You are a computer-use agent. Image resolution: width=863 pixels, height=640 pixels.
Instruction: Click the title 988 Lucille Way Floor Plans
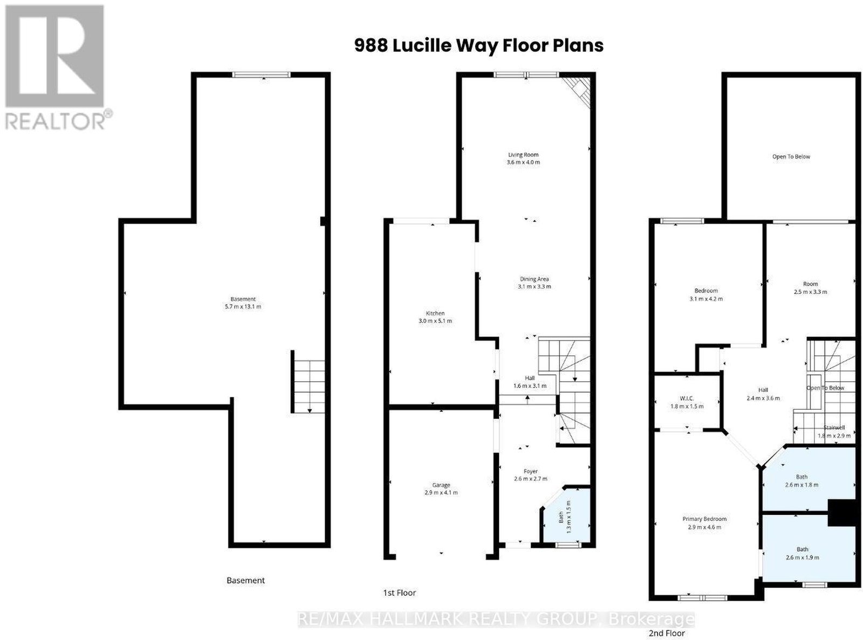coord(478,45)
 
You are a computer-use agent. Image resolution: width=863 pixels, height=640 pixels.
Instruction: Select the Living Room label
coord(523,154)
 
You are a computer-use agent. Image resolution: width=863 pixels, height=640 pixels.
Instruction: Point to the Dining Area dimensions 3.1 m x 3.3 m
coord(534,286)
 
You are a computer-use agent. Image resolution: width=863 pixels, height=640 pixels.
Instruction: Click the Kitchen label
coord(435,313)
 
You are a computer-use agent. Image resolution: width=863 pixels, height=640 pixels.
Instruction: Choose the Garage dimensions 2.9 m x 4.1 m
coord(441,493)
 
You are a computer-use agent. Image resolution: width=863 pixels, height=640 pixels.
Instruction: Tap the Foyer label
coord(530,471)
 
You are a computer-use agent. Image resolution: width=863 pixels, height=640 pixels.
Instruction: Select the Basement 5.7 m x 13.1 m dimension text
coord(243,307)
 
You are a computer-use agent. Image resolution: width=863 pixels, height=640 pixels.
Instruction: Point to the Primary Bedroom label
coord(704,519)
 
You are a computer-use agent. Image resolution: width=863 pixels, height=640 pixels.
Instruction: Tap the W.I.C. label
coord(687,398)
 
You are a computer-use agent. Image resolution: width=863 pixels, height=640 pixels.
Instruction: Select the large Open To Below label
coord(791,157)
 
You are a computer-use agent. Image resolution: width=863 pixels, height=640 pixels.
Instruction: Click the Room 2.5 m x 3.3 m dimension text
coord(811,292)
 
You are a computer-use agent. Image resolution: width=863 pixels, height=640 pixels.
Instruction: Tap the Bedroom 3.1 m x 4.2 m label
coord(706,295)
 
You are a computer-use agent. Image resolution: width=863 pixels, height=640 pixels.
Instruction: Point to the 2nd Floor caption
coord(667,633)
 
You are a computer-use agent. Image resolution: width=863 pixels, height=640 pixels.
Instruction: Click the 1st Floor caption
coord(399,593)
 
